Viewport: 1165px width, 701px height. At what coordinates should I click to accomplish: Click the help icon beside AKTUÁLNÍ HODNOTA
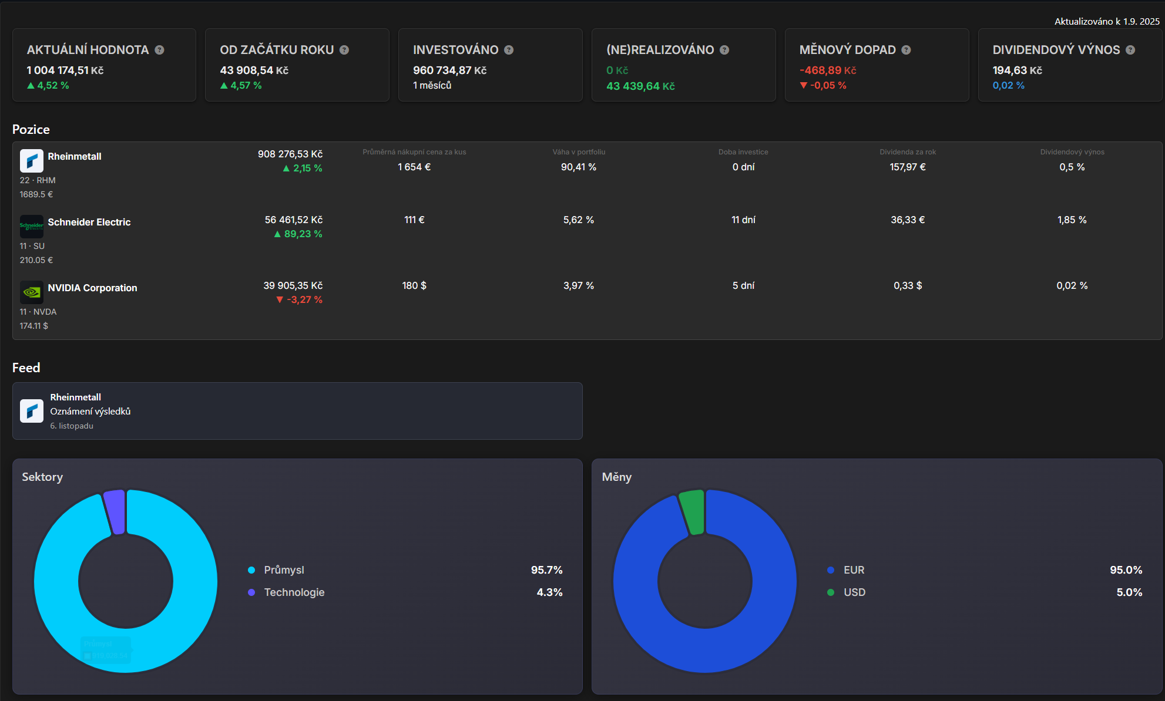159,50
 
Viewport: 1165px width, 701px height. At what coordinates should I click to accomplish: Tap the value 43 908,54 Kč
254,70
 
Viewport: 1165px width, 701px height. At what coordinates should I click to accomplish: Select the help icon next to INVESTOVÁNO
509,50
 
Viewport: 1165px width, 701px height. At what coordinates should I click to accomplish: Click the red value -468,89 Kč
827,70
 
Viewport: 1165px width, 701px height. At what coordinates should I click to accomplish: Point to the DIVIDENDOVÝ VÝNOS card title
1056,50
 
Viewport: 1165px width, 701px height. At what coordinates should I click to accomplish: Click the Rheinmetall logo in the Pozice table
32,160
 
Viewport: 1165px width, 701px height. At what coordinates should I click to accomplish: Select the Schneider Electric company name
89,222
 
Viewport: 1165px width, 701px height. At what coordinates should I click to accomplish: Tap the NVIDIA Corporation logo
32,292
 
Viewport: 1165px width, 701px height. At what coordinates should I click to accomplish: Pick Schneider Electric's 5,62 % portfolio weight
578,220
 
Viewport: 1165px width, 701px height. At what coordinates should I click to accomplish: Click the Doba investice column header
743,152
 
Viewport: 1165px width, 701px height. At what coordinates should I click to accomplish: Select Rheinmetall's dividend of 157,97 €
907,167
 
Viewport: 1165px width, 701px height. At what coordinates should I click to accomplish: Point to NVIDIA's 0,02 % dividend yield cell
1072,285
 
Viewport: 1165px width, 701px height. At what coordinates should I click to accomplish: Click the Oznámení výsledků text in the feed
90,411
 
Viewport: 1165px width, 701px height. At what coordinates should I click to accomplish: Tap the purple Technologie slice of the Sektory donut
115,511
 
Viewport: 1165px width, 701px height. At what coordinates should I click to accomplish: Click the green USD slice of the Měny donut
693,511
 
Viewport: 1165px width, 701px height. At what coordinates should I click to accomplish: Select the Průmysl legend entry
284,570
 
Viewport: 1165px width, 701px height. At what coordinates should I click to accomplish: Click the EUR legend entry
854,570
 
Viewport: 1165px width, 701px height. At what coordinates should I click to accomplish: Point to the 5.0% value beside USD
1129,592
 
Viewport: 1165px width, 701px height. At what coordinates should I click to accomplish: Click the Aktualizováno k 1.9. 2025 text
1106,22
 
